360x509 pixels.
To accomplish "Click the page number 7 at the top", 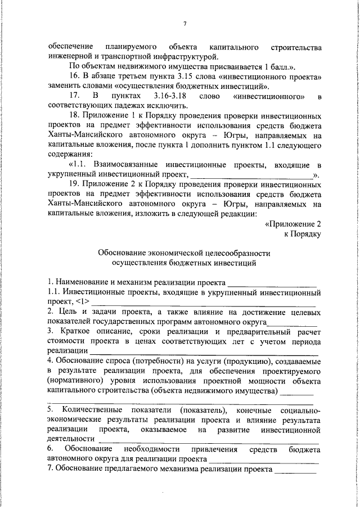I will (x=184, y=24).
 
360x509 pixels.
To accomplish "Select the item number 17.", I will (x=74, y=96).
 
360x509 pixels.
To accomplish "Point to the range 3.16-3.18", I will (x=168, y=96).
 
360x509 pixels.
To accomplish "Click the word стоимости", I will (x=65, y=341).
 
